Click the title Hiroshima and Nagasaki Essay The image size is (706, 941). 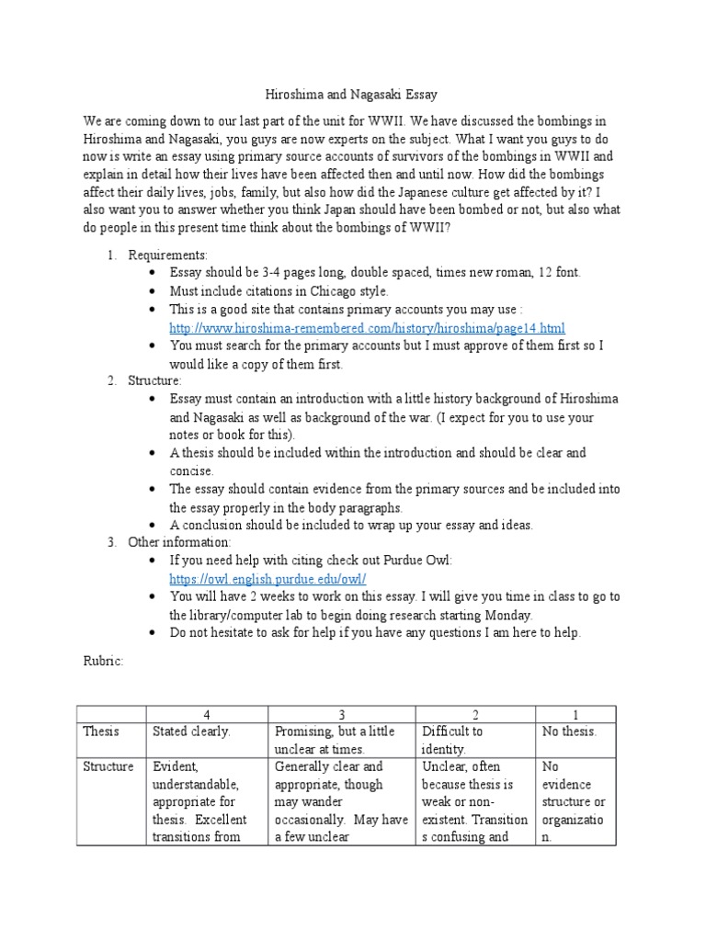click(x=352, y=94)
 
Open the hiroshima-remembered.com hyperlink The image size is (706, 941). click(x=368, y=328)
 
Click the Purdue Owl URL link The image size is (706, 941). click(x=268, y=579)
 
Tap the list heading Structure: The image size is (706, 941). click(x=155, y=380)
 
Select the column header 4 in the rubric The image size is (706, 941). click(x=207, y=714)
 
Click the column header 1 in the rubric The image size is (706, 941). click(x=576, y=714)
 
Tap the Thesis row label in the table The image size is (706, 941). click(x=102, y=732)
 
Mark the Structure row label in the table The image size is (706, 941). click(x=108, y=766)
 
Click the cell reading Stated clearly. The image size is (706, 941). click(x=192, y=732)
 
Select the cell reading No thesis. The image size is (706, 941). click(x=570, y=732)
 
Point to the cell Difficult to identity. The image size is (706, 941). click(x=452, y=741)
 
